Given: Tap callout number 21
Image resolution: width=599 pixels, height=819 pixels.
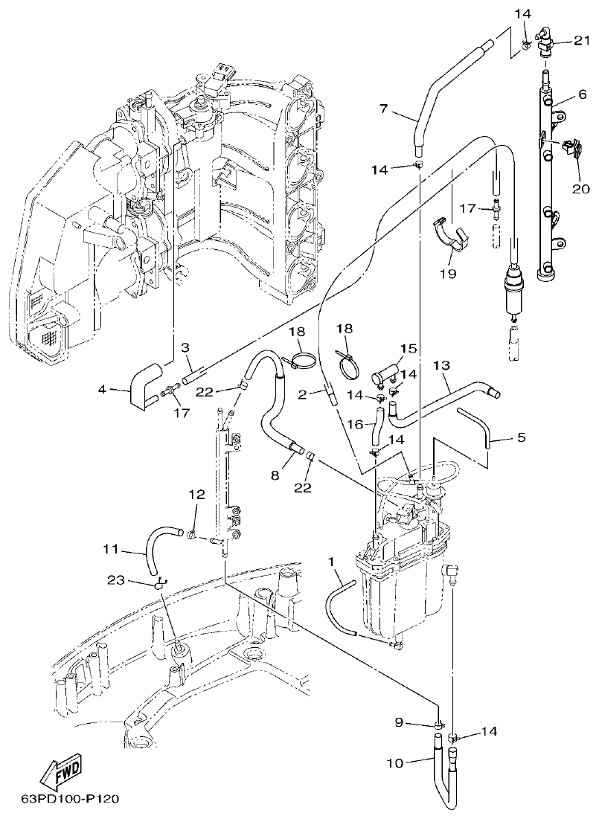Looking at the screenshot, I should click(581, 40).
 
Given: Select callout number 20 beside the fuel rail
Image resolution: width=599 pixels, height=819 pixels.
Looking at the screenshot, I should click(580, 189).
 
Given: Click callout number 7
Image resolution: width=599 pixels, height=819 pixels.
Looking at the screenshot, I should click(383, 109).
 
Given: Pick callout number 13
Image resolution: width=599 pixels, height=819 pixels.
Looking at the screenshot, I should click(441, 365).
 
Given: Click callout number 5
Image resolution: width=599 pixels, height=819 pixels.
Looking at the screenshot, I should click(521, 437).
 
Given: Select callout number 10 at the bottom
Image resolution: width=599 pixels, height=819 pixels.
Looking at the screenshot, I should click(395, 763).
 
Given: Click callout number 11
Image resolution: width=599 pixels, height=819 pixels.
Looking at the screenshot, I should click(110, 551).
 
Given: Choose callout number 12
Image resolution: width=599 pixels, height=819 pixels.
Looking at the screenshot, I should click(196, 494).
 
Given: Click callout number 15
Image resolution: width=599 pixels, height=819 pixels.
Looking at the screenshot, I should click(407, 348).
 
